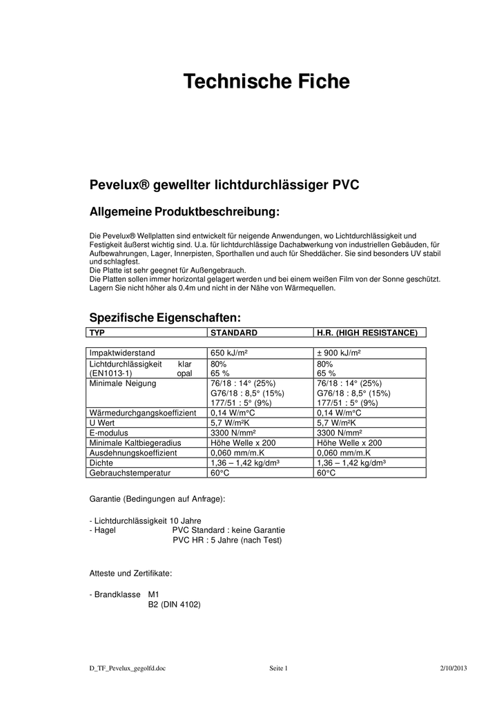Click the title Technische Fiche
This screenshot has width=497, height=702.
point(266,82)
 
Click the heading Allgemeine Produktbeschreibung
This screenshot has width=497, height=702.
point(184,211)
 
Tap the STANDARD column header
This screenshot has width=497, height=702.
point(233,333)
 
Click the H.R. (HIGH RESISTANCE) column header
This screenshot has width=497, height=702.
point(367,333)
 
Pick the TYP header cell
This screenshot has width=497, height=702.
point(97,333)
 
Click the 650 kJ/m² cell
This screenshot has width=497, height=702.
point(229,353)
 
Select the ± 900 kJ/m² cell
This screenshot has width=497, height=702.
point(340,353)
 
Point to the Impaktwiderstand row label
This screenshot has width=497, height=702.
point(122,353)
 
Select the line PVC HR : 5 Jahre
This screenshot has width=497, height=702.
point(227,540)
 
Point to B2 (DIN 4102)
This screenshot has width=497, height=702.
point(174,604)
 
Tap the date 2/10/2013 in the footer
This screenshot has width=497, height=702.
point(454,669)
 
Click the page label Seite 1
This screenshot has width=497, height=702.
point(277,669)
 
